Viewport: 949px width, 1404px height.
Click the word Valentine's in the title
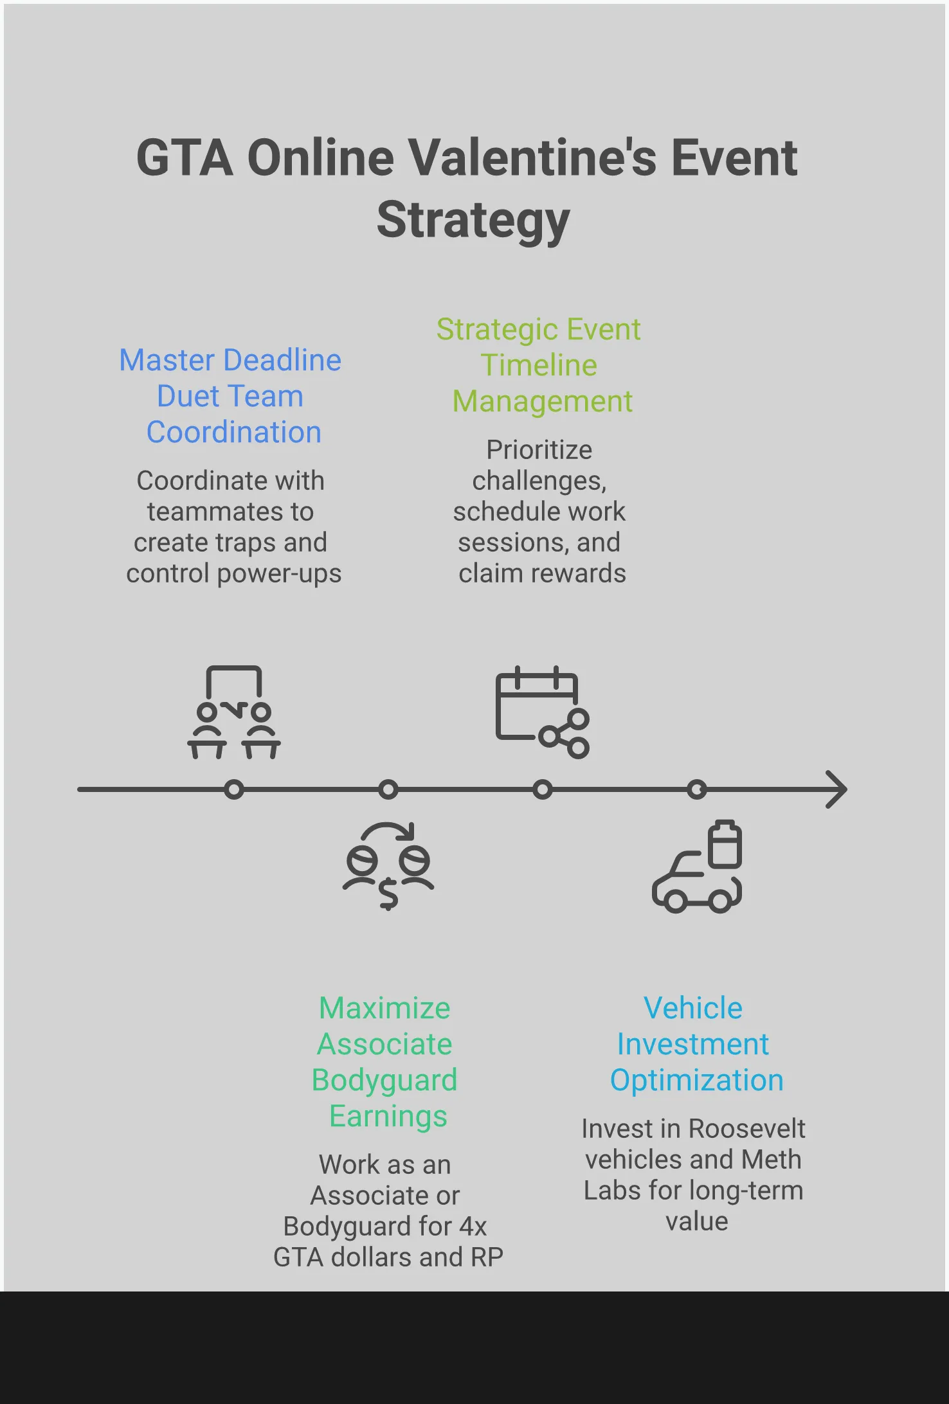click(533, 158)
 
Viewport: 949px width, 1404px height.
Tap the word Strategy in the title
click(473, 220)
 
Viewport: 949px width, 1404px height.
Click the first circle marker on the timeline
click(234, 789)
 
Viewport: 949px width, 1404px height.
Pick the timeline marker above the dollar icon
click(388, 789)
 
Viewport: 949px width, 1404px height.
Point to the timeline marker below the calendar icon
click(543, 789)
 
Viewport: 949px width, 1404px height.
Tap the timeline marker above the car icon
click(697, 789)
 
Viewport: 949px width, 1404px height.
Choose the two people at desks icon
click(234, 713)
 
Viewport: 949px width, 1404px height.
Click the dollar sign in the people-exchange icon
click(388, 894)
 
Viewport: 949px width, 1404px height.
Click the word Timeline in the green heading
click(539, 365)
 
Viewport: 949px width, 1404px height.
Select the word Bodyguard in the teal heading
click(384, 1080)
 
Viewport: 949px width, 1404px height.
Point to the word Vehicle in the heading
click(693, 1008)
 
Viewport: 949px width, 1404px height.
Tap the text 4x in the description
click(473, 1227)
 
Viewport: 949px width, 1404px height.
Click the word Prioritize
click(539, 450)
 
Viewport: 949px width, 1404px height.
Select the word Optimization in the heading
click(697, 1080)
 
